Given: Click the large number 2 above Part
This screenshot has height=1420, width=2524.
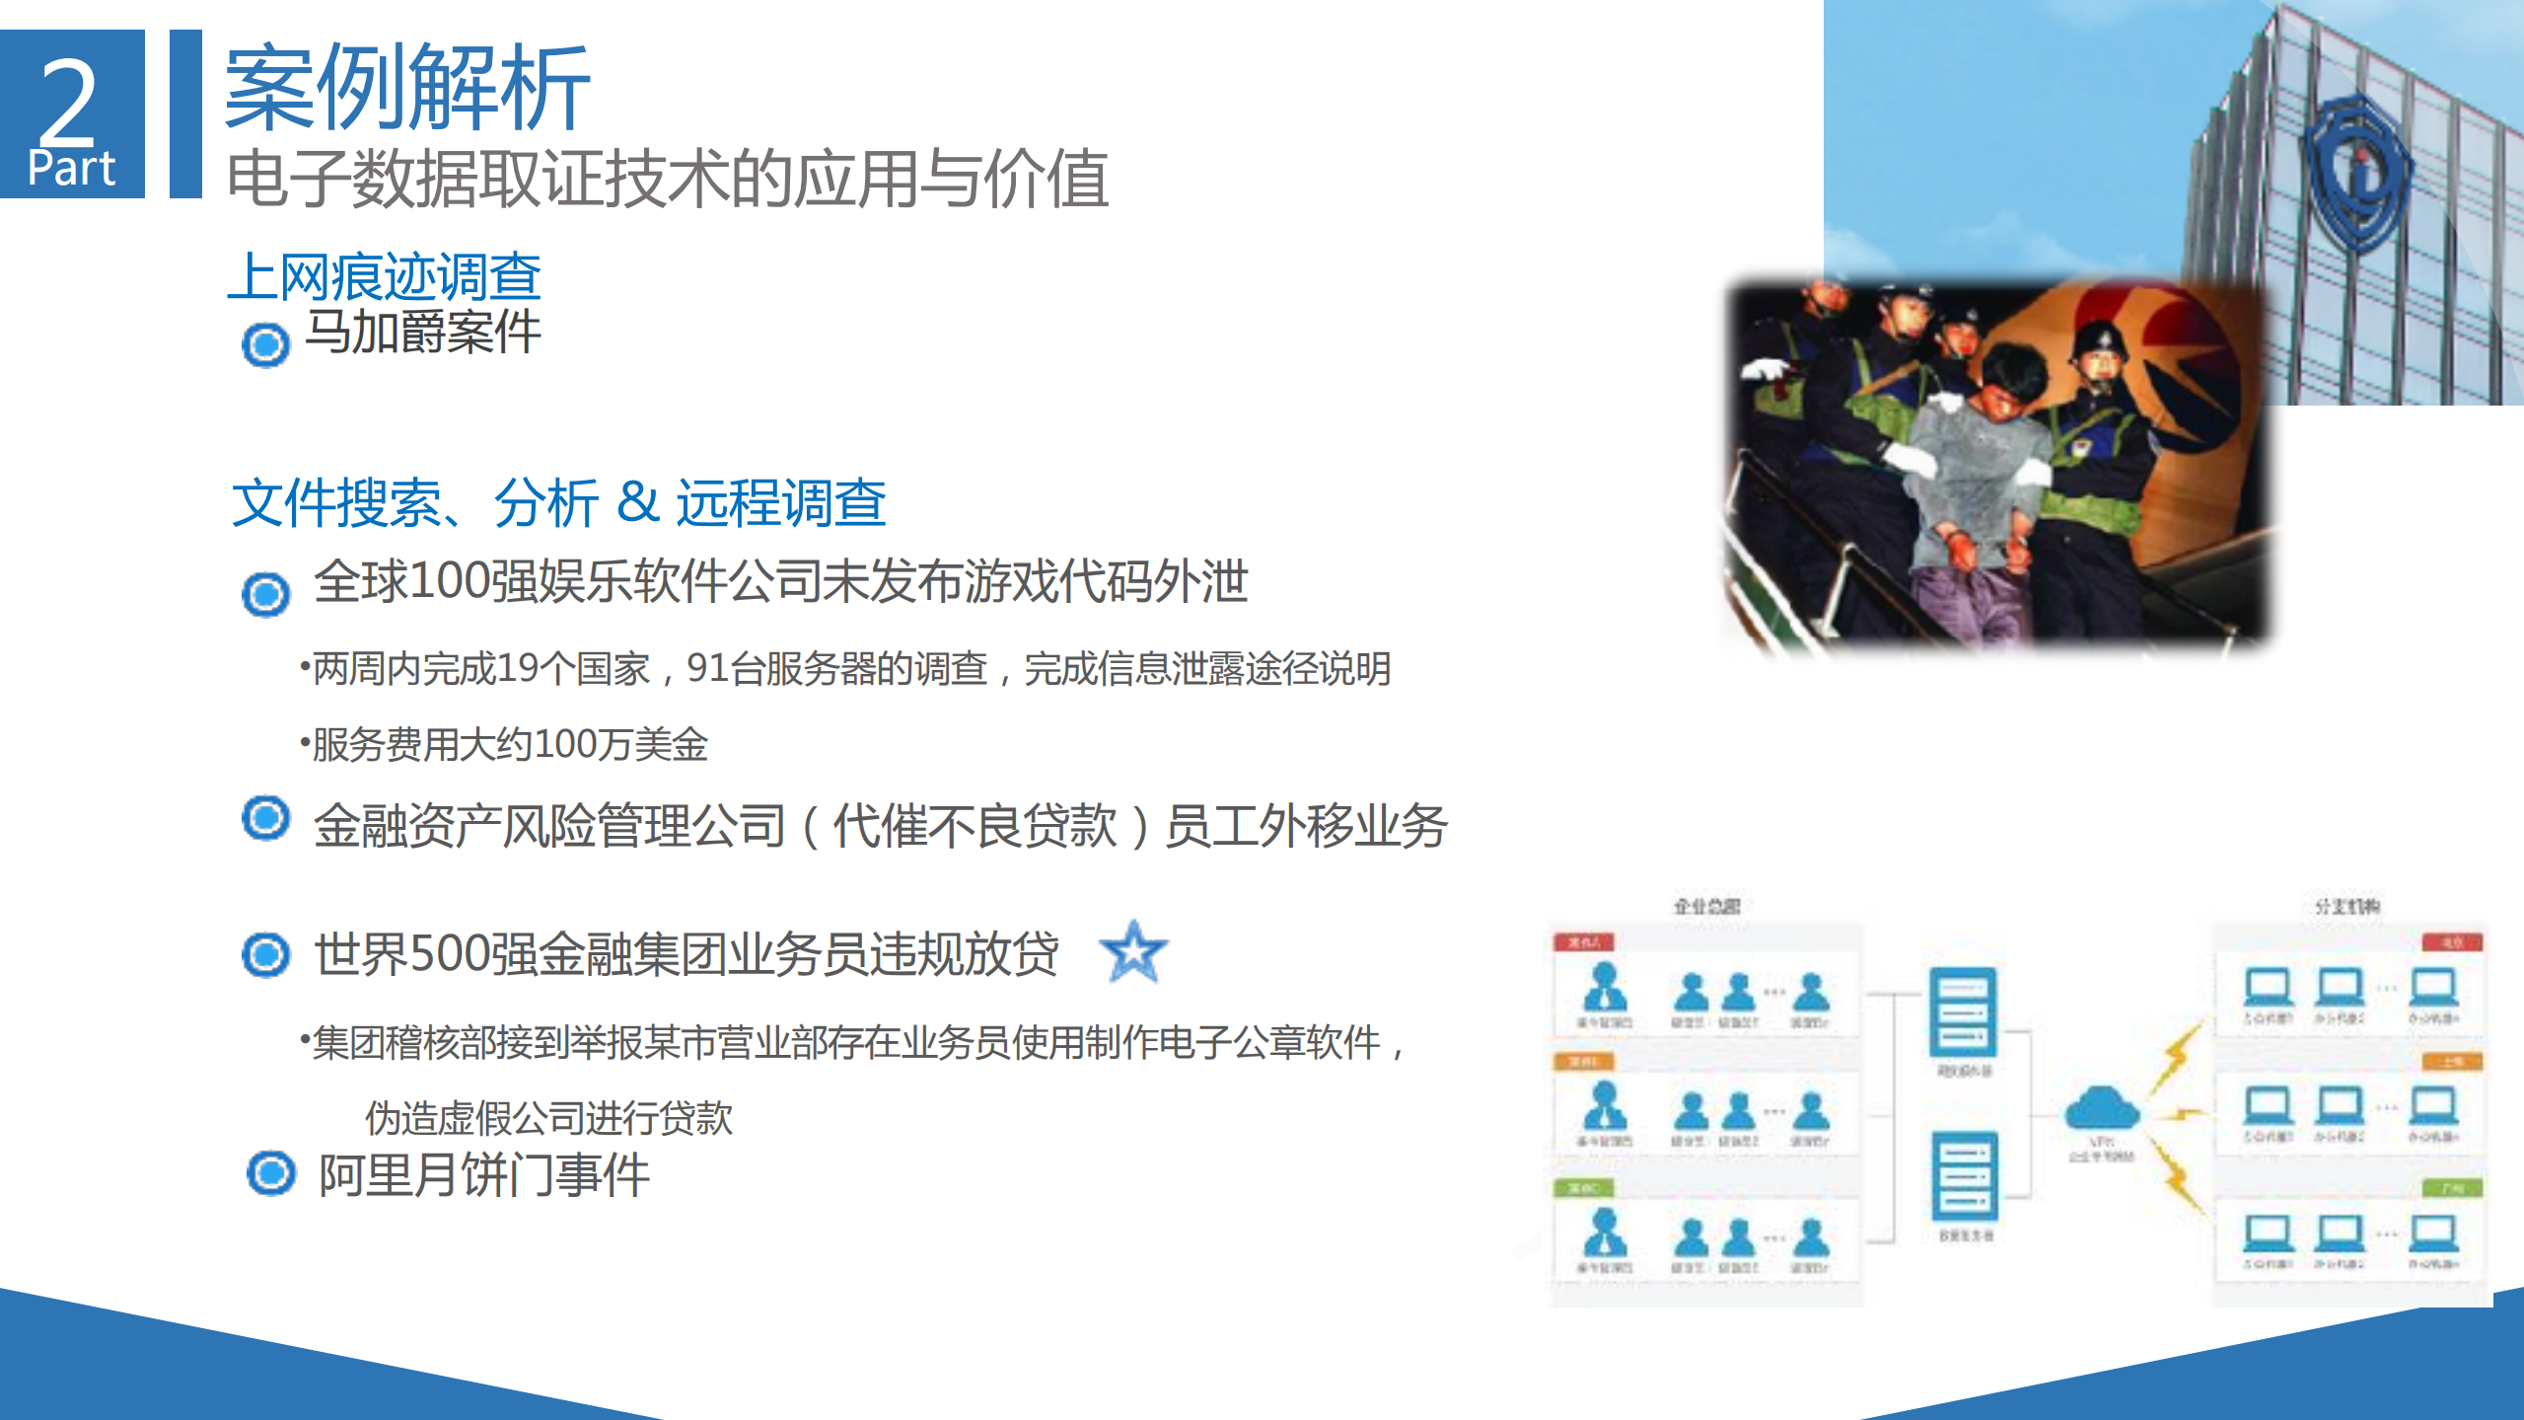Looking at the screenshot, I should pyautogui.click(x=69, y=100).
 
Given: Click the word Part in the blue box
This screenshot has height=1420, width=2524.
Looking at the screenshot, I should pyautogui.click(x=71, y=168).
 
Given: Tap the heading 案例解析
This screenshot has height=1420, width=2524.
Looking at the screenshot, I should pyautogui.click(x=406, y=88).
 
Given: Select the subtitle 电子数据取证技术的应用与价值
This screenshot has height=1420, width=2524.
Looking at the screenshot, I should pyautogui.click(x=667, y=179).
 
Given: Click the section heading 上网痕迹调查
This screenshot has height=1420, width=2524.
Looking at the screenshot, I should pyautogui.click(x=384, y=276).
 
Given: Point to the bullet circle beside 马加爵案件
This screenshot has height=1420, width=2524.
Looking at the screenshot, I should pyautogui.click(x=265, y=344).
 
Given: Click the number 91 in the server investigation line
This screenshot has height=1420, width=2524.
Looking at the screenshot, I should pyautogui.click(x=707, y=669).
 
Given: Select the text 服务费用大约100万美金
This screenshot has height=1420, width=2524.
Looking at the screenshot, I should pyautogui.click(x=510, y=744).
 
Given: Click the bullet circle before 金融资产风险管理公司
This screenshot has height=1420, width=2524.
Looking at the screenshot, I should pyautogui.click(x=265, y=818).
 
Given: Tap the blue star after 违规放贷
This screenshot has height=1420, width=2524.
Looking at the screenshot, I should pyautogui.click(x=1133, y=952).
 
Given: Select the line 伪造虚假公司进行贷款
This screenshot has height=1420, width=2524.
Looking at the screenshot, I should pyautogui.click(x=548, y=1118).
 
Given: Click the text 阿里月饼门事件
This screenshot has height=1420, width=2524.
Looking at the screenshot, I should pyautogui.click(x=483, y=1175).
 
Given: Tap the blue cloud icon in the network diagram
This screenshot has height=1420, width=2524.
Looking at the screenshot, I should pyautogui.click(x=2101, y=1109).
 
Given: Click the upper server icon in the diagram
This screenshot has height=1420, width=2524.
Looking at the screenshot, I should pyautogui.click(x=1963, y=1012).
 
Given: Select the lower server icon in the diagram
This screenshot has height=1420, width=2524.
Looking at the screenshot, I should pyautogui.click(x=1963, y=1176).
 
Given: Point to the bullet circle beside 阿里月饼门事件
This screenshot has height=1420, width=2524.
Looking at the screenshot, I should pyautogui.click(x=270, y=1173).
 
